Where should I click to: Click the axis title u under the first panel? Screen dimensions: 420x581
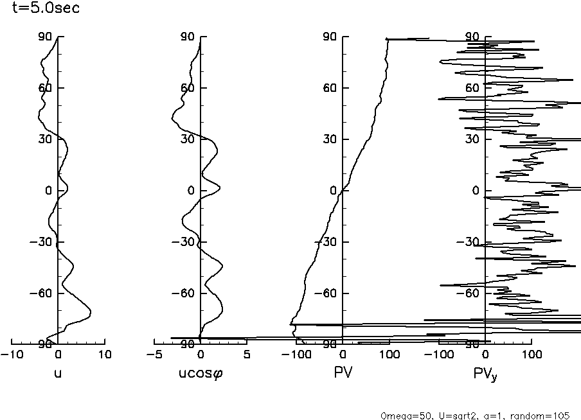click(58, 372)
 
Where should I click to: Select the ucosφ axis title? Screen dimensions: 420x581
click(200, 373)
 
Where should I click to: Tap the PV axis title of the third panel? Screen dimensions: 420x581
click(343, 372)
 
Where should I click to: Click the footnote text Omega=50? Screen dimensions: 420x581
click(402, 415)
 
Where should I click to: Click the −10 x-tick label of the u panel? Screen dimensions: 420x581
click(10, 354)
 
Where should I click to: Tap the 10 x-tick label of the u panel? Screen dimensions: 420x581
click(105, 354)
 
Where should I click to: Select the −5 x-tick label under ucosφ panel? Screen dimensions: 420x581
click(153, 354)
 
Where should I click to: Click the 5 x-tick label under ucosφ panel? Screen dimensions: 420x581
click(247, 354)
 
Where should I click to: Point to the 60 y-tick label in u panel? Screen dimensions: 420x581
click(45, 88)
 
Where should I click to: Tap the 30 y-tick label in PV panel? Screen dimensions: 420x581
click(330, 139)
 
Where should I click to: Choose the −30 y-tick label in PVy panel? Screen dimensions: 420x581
click(470, 242)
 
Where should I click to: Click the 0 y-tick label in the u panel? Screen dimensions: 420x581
click(49, 191)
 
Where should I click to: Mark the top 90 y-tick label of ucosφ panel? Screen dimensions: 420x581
click(188, 37)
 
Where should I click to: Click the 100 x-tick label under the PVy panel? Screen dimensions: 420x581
click(531, 354)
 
